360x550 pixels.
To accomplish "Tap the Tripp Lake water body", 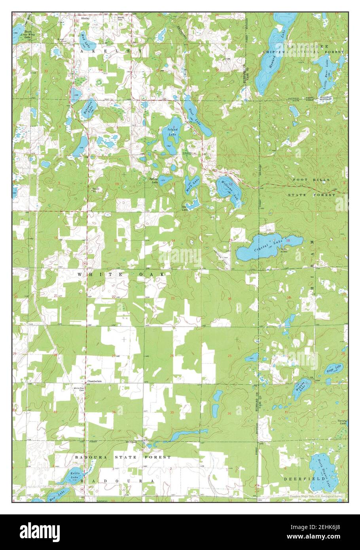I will tap(334, 369).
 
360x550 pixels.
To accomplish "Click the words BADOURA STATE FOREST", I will tap(123, 457).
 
